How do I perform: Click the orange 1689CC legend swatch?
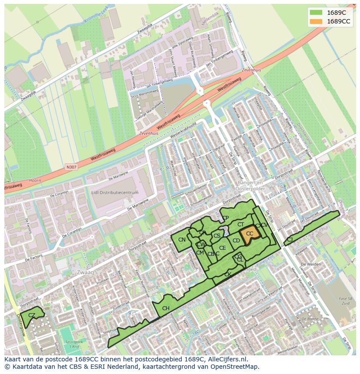316,21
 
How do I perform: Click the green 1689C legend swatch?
316,13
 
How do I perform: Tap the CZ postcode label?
32,315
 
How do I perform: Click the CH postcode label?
166,308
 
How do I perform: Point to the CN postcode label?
182,240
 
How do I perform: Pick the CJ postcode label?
290,239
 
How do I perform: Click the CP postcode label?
225,218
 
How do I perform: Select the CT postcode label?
240,225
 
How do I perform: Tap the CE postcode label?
222,248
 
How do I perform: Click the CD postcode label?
236,241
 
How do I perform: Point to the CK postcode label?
227,275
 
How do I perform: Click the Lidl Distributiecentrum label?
115,192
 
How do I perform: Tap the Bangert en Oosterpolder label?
247,186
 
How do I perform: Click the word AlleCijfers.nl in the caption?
227,359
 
